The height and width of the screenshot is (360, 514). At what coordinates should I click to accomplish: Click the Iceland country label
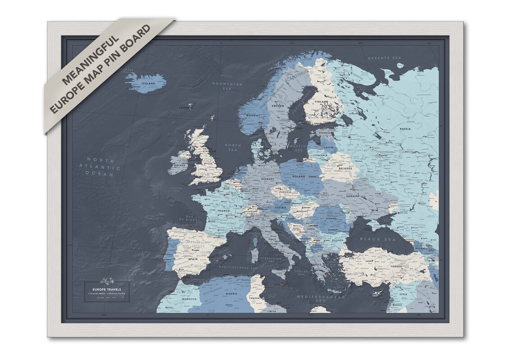pyautogui.click(x=148, y=84)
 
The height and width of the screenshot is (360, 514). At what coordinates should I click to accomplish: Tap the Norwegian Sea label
pyautogui.click(x=228, y=86)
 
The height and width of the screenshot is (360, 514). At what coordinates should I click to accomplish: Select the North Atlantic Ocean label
pyautogui.click(x=101, y=167)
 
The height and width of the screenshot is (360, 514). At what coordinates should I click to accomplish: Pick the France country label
pyautogui.click(x=223, y=211)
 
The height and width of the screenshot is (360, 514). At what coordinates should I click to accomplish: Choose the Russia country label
pyautogui.click(x=405, y=129)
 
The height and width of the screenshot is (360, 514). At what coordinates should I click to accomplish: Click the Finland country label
pyautogui.click(x=321, y=102)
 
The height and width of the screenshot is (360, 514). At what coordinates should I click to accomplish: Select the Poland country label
pyautogui.click(x=299, y=176)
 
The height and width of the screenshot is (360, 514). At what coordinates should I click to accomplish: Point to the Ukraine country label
pyautogui.click(x=353, y=196)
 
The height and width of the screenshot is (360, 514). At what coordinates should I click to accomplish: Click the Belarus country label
pyautogui.click(x=345, y=168)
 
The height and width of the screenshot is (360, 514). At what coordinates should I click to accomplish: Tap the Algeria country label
pyautogui.click(x=231, y=294)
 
